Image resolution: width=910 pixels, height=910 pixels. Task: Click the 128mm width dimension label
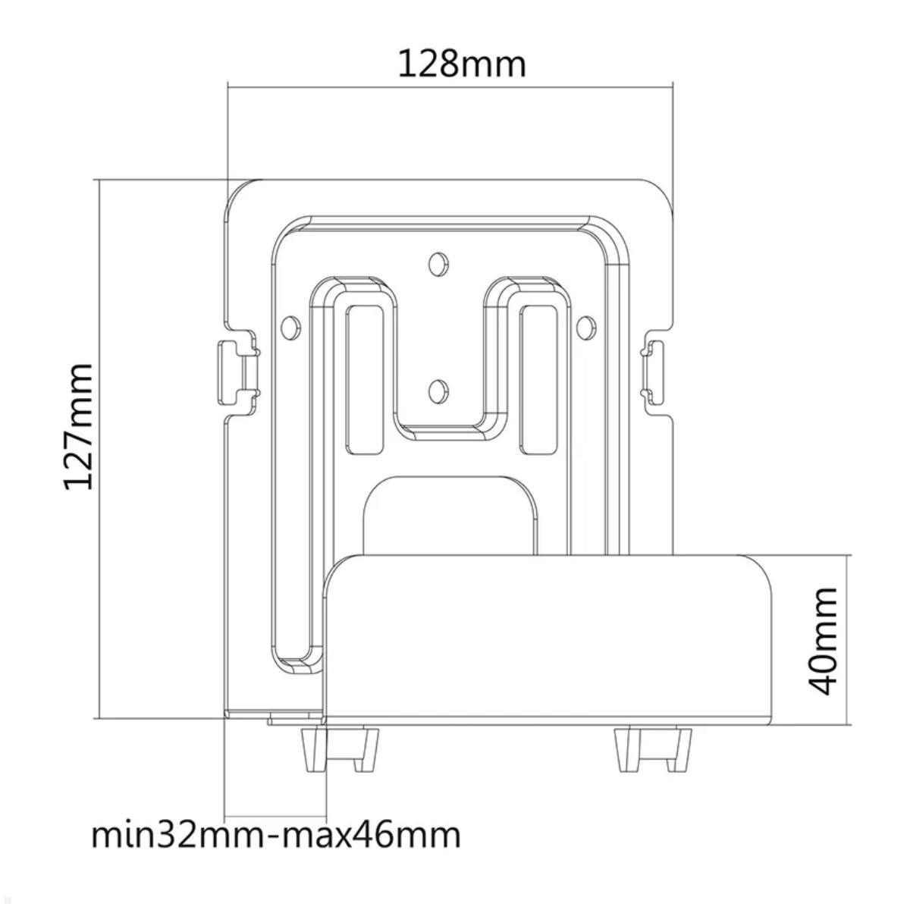[x=462, y=64]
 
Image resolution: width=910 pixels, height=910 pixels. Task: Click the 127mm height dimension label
[x=78, y=426]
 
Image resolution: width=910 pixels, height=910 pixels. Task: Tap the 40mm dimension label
[x=823, y=639]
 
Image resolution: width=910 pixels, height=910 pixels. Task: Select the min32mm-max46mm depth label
[x=276, y=835]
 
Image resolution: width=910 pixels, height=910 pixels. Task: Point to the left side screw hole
[x=288, y=327]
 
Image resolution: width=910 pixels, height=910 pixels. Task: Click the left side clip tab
[x=236, y=372]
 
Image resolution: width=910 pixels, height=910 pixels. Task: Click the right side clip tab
[x=654, y=372]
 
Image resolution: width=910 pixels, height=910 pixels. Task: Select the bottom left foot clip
[x=340, y=748]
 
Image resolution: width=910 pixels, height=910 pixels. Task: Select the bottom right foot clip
[x=652, y=748]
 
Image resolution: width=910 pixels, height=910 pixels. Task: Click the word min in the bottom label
[x=115, y=835]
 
